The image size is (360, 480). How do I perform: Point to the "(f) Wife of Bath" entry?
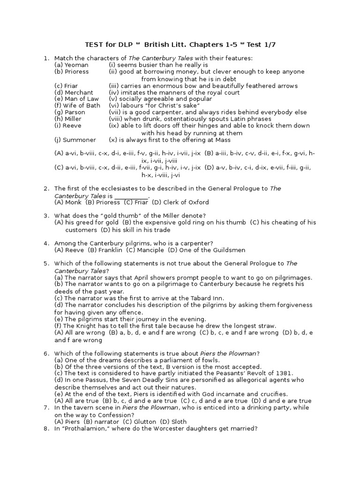tap(77, 105)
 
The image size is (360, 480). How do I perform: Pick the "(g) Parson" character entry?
tap(70, 112)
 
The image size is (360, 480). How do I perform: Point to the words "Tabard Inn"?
tap(207, 298)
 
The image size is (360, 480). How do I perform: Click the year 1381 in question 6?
tap(283, 373)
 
